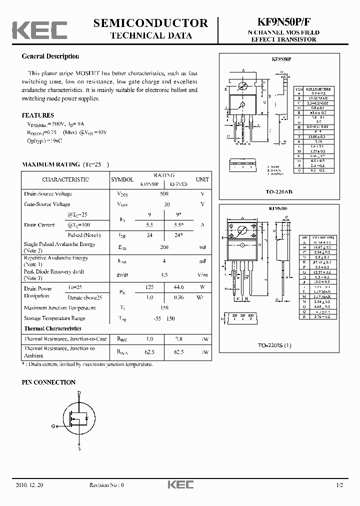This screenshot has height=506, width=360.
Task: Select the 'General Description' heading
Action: (x=50, y=56)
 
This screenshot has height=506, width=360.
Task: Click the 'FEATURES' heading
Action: (x=38, y=115)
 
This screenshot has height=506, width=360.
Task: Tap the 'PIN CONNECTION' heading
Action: (x=48, y=382)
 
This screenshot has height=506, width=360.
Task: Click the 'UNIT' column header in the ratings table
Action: (x=202, y=179)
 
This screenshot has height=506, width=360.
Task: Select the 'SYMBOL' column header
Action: (x=122, y=179)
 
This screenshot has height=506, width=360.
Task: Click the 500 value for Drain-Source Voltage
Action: (x=164, y=193)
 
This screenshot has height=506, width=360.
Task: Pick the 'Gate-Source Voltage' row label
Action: (x=47, y=204)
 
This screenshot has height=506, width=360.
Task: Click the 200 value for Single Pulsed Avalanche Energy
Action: (x=164, y=247)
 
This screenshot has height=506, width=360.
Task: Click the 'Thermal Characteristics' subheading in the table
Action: (x=52, y=328)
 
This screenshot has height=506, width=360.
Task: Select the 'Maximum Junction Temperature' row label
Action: (x=59, y=307)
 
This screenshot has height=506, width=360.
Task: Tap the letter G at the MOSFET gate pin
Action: (x=53, y=426)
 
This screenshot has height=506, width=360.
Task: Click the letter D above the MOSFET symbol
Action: (x=78, y=393)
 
